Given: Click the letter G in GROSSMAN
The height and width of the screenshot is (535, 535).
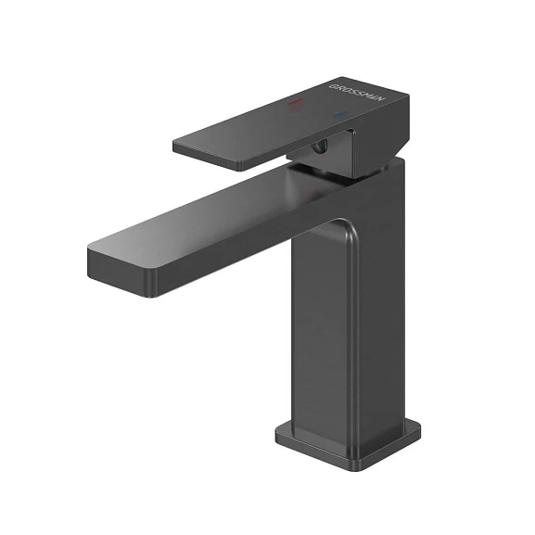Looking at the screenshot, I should pos(331,84).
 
